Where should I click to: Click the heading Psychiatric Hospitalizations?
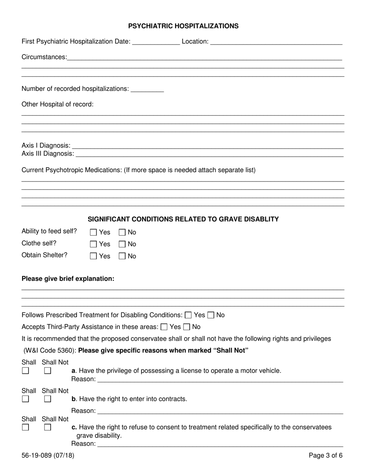(183, 26)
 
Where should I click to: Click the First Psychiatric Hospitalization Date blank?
(156, 42)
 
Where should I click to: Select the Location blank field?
(276, 42)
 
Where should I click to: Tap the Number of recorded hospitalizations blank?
(147, 89)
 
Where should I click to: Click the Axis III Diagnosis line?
(209, 154)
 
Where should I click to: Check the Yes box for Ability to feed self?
(93, 233)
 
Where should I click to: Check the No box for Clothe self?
(122, 244)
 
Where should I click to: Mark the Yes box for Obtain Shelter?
(93, 256)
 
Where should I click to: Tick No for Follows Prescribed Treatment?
(211, 315)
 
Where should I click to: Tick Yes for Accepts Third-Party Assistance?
(164, 327)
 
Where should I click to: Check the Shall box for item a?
(25, 371)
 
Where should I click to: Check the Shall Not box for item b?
(48, 399)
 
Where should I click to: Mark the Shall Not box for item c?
(48, 428)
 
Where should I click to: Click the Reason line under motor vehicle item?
(220, 379)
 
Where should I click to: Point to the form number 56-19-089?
(48, 455)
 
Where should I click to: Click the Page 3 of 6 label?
(325, 455)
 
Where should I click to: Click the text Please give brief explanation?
(68, 279)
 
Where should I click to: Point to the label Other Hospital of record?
(58, 104)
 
